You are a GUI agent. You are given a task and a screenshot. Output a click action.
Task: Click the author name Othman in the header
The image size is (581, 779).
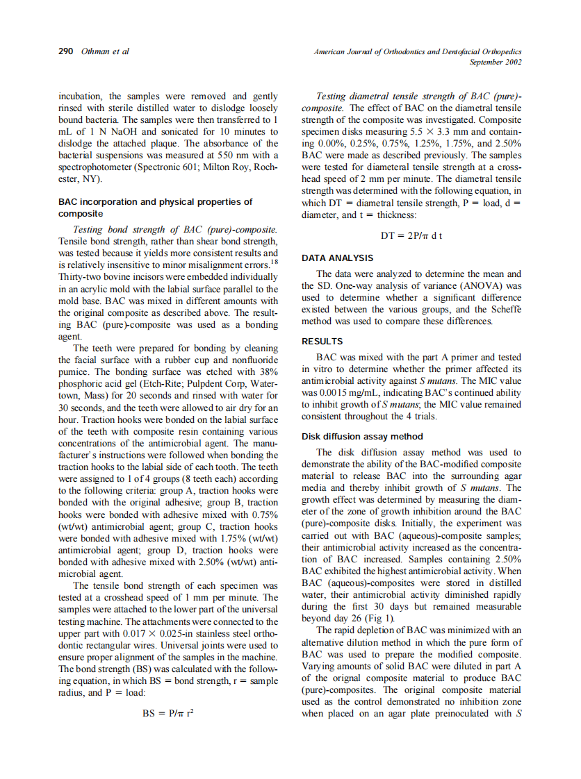(93, 51)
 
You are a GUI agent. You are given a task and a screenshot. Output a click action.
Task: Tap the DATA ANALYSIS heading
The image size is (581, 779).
(337, 258)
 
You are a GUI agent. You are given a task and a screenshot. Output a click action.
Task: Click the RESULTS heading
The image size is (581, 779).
(322, 342)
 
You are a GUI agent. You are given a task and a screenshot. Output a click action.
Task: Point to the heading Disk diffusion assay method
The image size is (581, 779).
(362, 437)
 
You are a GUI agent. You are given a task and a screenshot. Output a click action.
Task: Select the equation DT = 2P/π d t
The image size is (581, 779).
(411, 235)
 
